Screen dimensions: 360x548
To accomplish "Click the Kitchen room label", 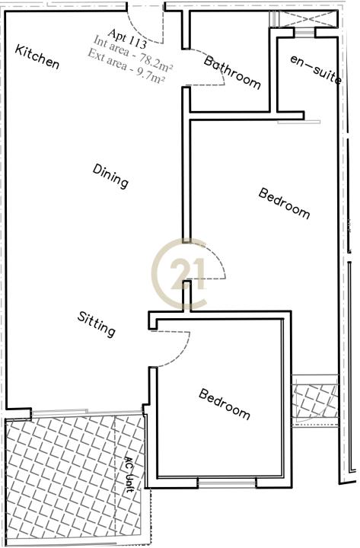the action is (37, 56).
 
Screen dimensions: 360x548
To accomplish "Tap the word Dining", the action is (110, 176).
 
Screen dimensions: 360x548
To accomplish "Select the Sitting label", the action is (96, 324).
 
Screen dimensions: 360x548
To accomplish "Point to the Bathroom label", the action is (232, 72).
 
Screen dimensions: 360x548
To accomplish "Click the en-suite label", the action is (316, 70).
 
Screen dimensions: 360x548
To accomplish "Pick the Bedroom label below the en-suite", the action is (284, 203).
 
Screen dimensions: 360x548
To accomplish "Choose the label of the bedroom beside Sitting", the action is (225, 404).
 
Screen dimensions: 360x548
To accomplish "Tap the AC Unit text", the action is (129, 474).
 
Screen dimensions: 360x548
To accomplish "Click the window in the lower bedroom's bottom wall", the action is (227, 483).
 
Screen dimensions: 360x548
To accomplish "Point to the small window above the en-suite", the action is (304, 33).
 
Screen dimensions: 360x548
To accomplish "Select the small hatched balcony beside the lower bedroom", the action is (316, 401).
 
